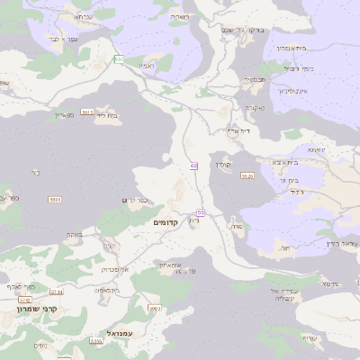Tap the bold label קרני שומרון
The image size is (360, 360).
tap(37, 309)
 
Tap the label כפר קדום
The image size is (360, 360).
tap(133, 200)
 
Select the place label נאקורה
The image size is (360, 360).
tap(253, 109)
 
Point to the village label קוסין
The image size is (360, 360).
tap(223, 164)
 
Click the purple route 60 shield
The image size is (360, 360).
tap(193, 166)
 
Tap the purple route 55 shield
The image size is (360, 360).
tap(200, 212)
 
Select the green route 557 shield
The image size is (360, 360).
tap(119, 59)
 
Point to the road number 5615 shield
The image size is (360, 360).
tap(87, 111)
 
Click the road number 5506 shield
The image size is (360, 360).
tap(56, 199)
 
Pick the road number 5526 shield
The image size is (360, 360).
tap(247, 176)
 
